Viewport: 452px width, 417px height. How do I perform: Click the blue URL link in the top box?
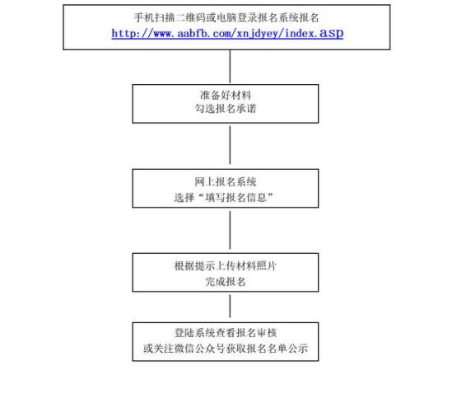click(227, 34)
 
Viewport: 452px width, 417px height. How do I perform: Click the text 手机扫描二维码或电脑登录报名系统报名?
click(226, 17)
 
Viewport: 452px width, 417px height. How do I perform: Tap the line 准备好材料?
click(226, 95)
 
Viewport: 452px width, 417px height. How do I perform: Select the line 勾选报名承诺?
click(226, 109)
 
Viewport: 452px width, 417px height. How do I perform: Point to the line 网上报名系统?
click(226, 182)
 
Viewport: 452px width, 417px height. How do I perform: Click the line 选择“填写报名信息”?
click(224, 198)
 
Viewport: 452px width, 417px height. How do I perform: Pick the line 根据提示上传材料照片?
click(226, 266)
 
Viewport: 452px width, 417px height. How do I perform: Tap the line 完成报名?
click(226, 281)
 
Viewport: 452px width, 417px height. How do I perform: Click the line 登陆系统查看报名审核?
click(226, 333)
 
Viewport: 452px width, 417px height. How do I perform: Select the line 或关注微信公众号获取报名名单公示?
click(226, 349)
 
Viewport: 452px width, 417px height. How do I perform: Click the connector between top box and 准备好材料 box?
click(230, 67)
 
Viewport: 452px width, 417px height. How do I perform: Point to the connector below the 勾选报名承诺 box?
click(230, 145)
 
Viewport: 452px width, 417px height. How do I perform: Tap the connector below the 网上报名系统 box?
click(230, 230)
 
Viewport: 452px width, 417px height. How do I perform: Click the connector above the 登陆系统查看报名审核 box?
click(230, 306)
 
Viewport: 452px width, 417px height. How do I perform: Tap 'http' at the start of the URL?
click(123, 34)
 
